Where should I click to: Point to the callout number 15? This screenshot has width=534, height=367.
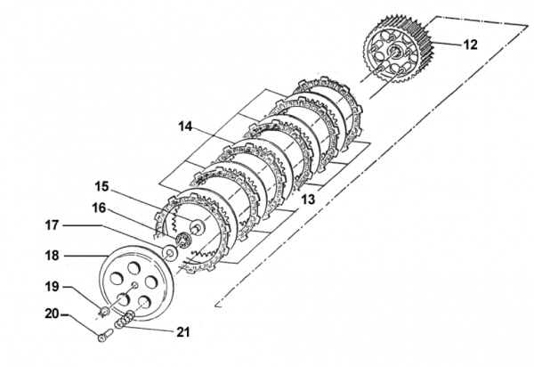click(103, 186)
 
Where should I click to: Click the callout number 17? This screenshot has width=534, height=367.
click(53, 227)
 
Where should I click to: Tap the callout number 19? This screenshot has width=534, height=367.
click(53, 287)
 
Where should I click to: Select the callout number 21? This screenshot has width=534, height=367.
click(182, 331)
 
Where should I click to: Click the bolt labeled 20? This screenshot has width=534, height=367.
click(106, 335)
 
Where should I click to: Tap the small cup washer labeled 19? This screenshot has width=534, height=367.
click(104, 311)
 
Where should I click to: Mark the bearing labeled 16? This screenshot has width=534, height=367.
click(185, 241)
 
